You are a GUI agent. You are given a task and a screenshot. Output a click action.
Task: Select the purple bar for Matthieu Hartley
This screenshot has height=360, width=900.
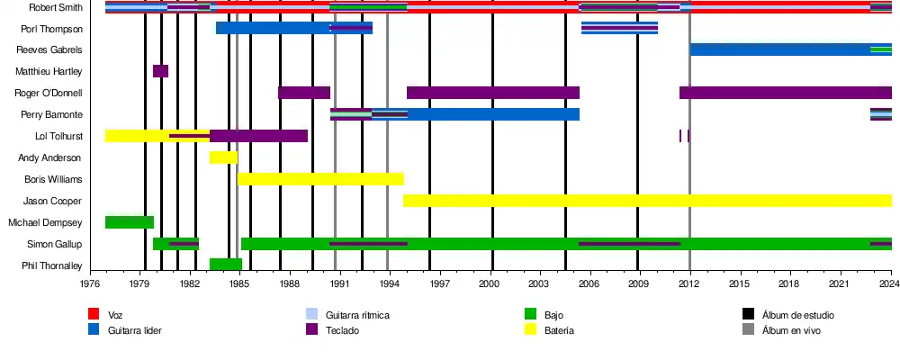(160, 71)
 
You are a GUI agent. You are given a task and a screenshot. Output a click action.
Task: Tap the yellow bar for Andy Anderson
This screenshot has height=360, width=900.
(223, 157)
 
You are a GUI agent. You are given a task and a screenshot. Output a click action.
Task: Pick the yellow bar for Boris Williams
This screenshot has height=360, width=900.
(320, 179)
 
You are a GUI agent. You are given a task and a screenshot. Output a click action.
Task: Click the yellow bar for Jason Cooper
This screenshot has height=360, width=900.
(647, 201)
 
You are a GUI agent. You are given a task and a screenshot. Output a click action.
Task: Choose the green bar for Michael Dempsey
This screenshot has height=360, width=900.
(130, 222)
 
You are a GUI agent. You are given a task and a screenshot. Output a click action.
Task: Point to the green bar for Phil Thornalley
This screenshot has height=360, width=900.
(226, 265)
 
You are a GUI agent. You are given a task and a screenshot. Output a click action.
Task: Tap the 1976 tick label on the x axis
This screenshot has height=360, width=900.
(90, 284)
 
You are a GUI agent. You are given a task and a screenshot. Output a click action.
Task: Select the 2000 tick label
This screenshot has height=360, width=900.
(489, 284)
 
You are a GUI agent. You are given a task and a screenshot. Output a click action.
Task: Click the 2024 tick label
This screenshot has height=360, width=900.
(889, 284)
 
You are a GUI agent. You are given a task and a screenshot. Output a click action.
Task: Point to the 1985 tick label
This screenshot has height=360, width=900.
(239, 284)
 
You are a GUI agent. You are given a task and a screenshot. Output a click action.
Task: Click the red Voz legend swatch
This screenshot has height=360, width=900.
(93, 314)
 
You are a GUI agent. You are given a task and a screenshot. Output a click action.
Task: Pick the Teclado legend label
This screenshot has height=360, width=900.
(344, 330)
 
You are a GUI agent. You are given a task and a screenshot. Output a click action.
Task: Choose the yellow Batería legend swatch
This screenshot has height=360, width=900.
(530, 330)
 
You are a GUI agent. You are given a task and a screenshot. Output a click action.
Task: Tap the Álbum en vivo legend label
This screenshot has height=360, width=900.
(791, 330)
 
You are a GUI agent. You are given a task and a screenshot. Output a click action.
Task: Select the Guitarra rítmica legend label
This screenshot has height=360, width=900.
(357, 315)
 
